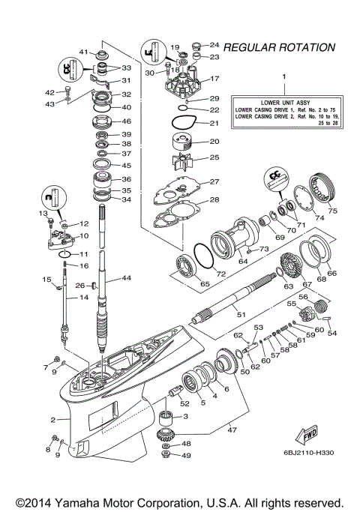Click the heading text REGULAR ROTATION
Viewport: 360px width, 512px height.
tap(279, 47)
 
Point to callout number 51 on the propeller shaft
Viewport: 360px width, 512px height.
tap(241, 316)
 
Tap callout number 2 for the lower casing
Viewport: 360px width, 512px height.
tap(52, 419)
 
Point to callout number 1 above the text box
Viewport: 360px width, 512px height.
tap(283, 77)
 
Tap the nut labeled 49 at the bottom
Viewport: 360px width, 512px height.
tap(166, 456)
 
